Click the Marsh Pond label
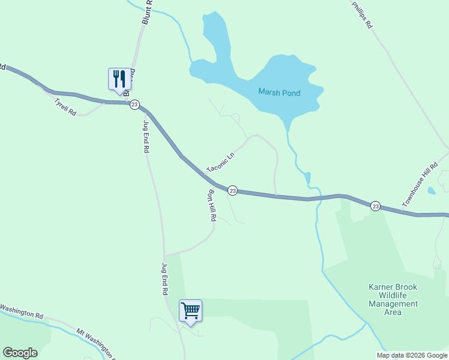tap(279, 92)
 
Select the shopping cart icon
tap(191, 310)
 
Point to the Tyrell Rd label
tap(65, 107)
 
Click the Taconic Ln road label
tap(220, 161)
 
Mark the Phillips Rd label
tap(362, 14)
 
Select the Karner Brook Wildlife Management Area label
tap(393, 299)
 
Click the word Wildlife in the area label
tap(393, 295)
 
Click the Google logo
tap(20, 353)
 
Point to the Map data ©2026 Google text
tap(412, 355)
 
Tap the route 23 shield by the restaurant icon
tap(135, 104)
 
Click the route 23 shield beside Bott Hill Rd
tap(233, 190)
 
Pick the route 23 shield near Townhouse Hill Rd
tap(375, 206)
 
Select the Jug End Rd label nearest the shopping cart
tap(164, 279)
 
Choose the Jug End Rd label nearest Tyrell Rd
tap(145, 137)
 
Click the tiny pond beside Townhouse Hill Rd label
tap(431, 191)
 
